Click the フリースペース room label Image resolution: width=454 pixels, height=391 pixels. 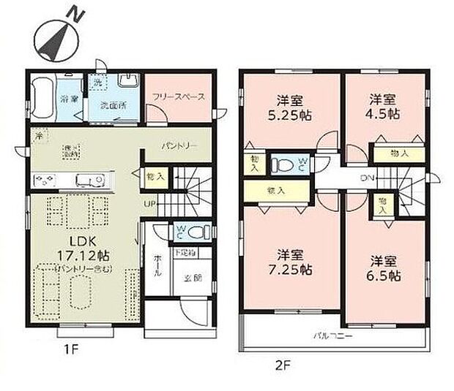[x=178, y=96]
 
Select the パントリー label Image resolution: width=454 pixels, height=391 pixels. [x=179, y=146]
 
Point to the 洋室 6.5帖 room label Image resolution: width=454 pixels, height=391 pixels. [x=384, y=267]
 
